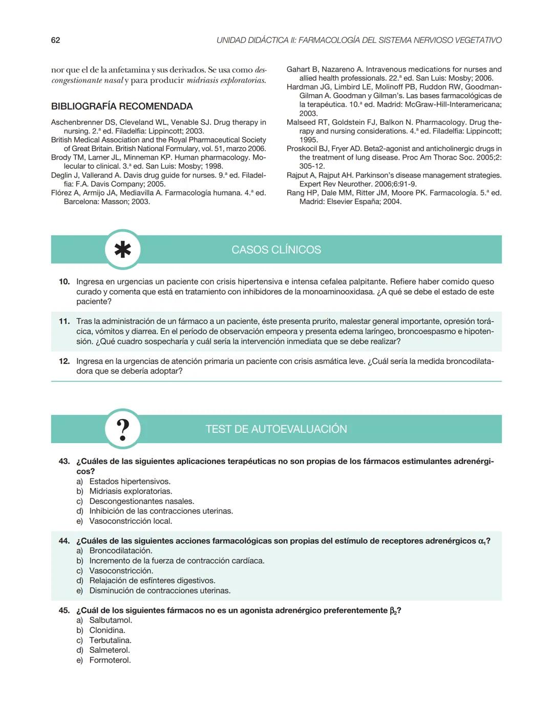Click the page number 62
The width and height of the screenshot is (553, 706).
pos(55,40)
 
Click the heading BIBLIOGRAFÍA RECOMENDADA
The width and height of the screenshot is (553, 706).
pos(122,106)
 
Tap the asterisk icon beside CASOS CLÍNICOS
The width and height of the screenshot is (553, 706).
pos(123,250)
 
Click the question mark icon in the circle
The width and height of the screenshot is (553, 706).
pos(123,429)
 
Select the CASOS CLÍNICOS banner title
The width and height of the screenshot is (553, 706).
pos(276,250)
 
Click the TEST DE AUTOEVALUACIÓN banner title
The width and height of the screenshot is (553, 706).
pos(276,429)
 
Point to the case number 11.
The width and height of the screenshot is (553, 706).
pos(64,321)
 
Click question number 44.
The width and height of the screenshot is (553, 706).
pos(64,541)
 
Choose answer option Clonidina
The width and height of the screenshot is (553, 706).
pos(107,630)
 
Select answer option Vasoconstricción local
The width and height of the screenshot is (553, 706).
pos(131,521)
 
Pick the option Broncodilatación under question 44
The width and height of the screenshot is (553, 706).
pos(120,550)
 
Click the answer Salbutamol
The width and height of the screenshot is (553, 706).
pos(111,620)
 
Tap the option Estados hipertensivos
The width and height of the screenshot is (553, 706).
pos(130,481)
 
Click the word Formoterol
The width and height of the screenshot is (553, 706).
pos(110,660)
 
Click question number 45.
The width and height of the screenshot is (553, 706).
pos(64,610)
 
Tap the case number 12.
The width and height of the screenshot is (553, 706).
pos(64,361)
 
